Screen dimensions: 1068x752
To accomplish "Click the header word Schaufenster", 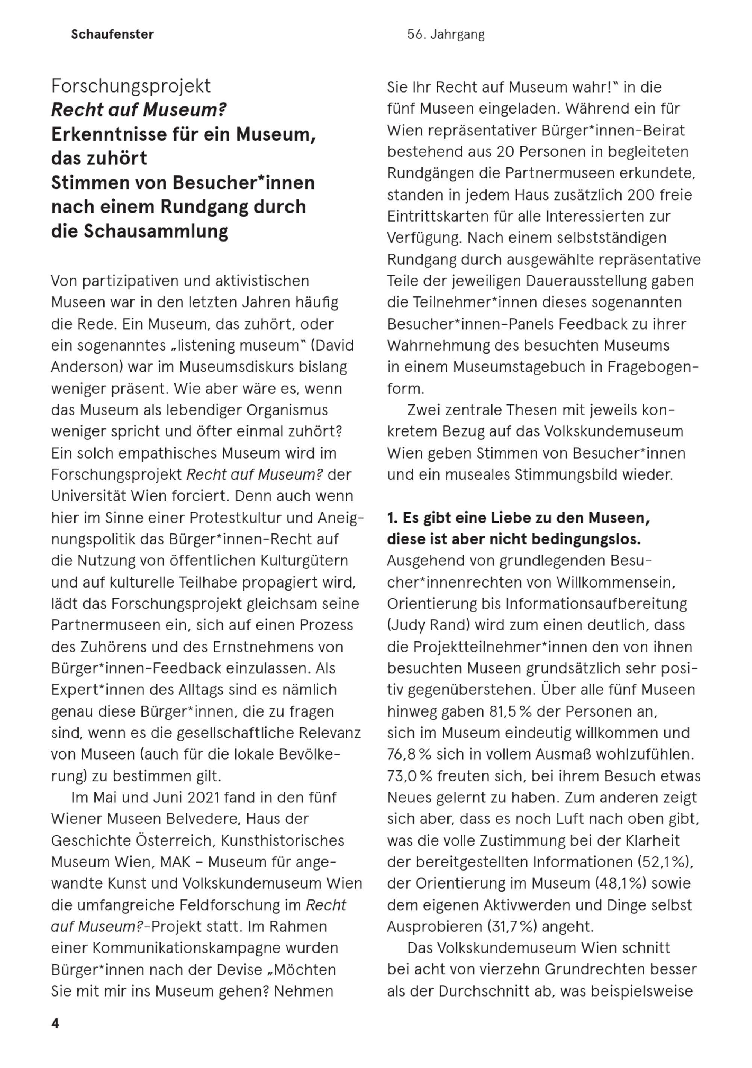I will (112, 35).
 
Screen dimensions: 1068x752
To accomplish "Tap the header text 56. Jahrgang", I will (446, 35).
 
